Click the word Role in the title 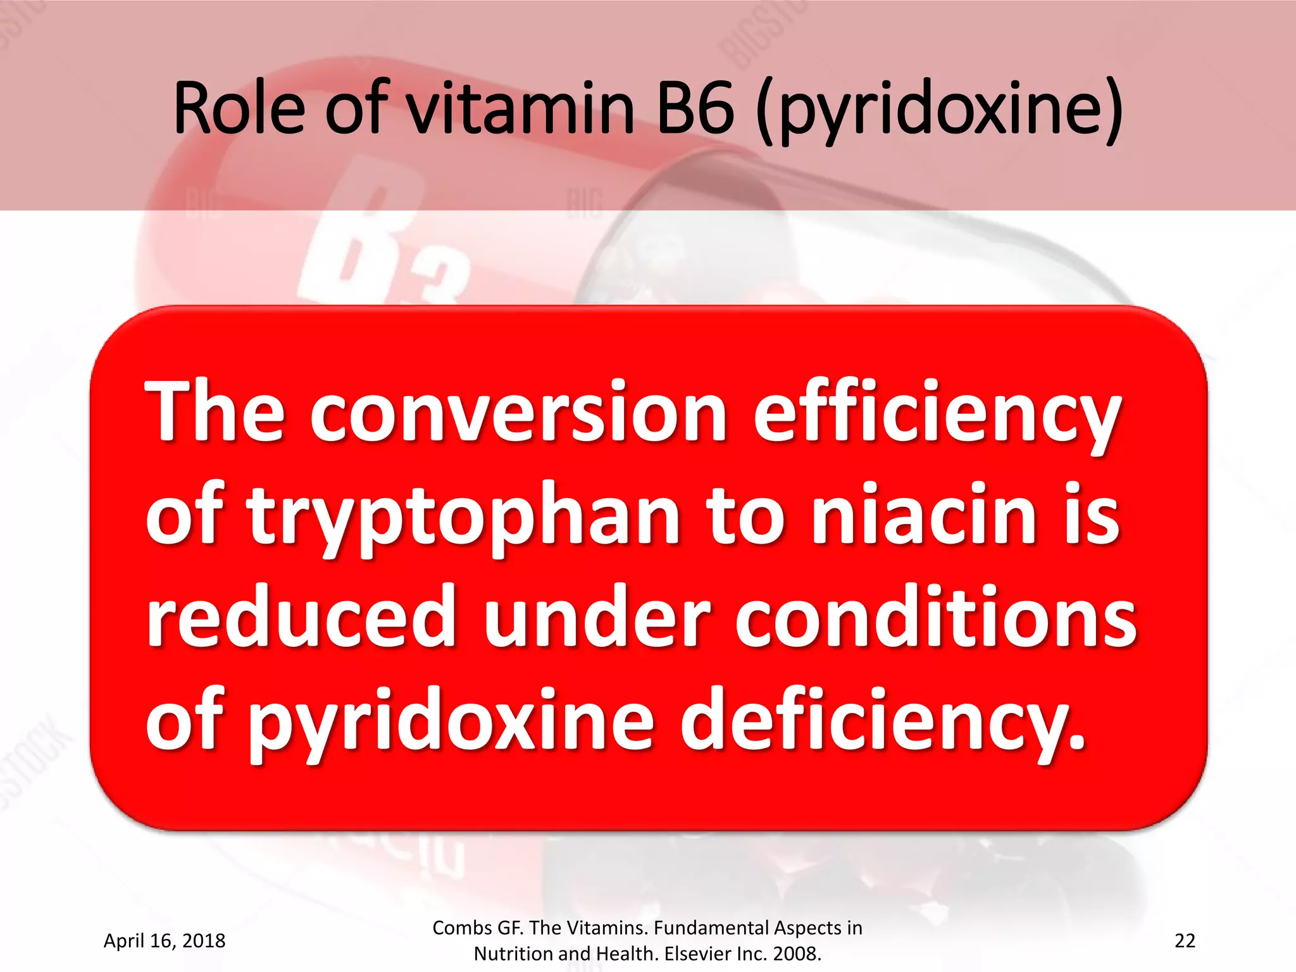(240, 109)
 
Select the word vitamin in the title (519, 109)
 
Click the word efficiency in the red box (937, 414)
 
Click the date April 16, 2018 (165, 940)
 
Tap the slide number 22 (1185, 940)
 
